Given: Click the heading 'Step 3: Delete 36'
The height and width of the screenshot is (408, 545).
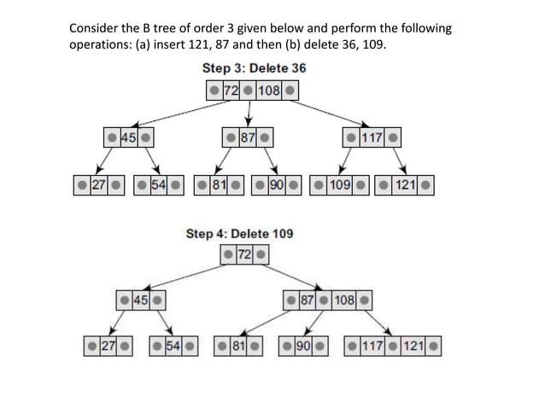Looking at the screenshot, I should pos(254,68).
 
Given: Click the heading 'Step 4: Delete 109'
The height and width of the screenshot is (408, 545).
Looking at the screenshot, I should pos(240,233).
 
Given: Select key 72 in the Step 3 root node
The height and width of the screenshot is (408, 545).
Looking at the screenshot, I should pos(230,90).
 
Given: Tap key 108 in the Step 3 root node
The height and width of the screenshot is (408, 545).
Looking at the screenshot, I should pos(269,90).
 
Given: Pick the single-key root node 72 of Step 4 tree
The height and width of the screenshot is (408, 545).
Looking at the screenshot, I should pos(244,254).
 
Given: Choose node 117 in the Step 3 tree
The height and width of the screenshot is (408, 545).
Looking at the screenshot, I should pos(371,137).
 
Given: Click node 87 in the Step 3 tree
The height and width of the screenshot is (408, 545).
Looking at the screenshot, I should pos(248,137).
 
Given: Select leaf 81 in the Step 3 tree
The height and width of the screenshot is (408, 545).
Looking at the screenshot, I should pos(220,184).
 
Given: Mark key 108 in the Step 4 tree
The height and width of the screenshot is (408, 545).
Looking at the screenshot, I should pos(344,300).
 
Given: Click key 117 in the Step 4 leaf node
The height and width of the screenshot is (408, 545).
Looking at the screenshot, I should pos(372,347).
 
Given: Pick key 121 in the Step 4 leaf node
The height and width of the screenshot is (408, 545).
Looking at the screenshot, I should pos(413,347).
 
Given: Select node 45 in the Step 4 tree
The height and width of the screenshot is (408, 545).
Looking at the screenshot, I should pos(141,300).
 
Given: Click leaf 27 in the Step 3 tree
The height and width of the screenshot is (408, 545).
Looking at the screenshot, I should pos(99,184).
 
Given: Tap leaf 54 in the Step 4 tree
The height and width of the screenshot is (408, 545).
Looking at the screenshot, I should pos(173,347).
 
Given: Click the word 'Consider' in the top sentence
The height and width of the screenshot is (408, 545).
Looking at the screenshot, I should pos(93,27).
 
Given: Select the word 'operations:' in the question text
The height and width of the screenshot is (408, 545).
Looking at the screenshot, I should pos(101,44).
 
